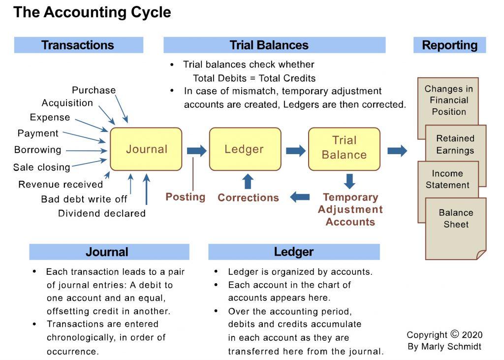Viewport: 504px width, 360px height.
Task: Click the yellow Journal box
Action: (x=146, y=149)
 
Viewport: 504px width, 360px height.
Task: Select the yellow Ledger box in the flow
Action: (x=245, y=149)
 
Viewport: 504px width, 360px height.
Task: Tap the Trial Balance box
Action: (x=344, y=148)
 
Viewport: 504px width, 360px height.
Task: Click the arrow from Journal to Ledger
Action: (x=196, y=150)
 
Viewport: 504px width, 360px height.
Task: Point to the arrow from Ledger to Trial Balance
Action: (x=295, y=150)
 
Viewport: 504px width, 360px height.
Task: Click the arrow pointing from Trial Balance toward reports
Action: (x=397, y=150)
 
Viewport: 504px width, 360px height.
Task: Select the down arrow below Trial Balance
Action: (x=349, y=181)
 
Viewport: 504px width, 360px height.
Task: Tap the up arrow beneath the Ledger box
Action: (x=248, y=181)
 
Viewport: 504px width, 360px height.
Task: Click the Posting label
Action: (x=185, y=197)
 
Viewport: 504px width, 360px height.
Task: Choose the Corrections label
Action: (x=248, y=198)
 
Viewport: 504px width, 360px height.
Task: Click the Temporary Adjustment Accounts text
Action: (x=350, y=210)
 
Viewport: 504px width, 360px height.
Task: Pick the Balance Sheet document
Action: (x=456, y=224)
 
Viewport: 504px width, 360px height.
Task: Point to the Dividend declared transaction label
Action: (x=101, y=213)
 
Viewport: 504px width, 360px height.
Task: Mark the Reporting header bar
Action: (x=449, y=45)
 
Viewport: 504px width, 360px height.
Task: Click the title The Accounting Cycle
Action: (x=92, y=12)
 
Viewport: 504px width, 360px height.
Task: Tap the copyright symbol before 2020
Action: (x=454, y=334)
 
